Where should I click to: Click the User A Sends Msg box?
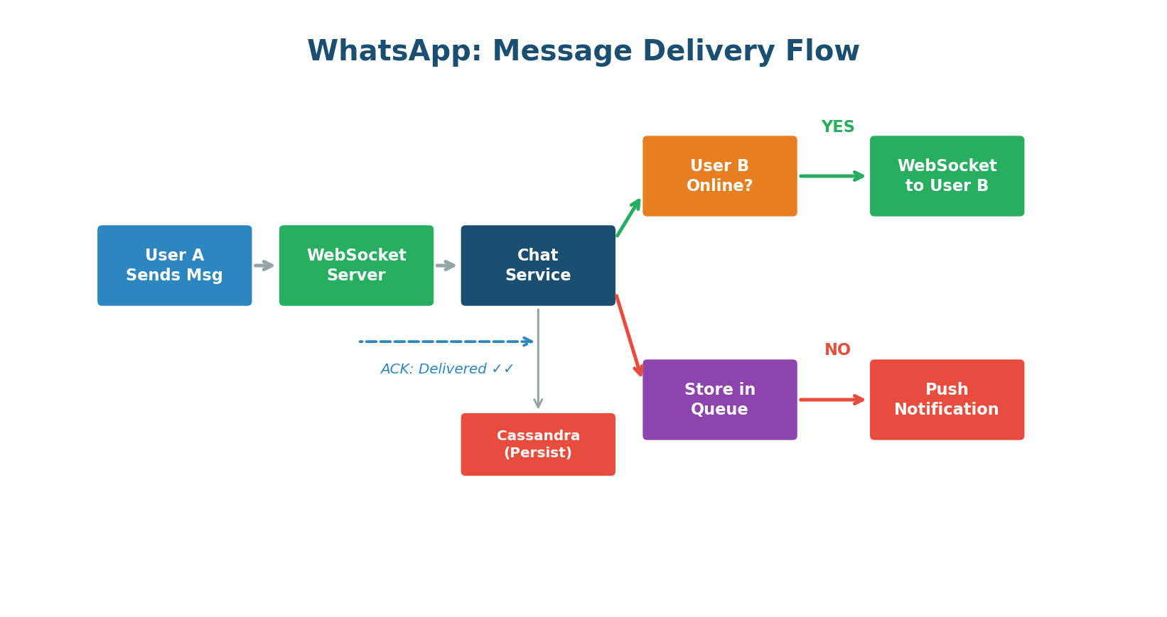174,266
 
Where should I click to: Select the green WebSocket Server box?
356,266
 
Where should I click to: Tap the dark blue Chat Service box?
538,266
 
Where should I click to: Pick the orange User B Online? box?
719,176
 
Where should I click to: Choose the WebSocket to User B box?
947,176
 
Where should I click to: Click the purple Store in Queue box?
719,400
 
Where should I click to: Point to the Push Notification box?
947,400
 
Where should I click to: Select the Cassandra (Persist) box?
538,444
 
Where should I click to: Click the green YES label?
838,127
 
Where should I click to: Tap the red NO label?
837,350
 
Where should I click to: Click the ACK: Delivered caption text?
446,369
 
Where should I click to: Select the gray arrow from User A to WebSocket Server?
264,266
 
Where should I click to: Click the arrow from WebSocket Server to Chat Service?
446,266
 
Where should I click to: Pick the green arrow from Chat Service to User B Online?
629,217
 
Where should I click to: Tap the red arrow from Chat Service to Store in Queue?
629,335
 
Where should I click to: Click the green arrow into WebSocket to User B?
832,176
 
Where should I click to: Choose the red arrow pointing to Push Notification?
832,400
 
